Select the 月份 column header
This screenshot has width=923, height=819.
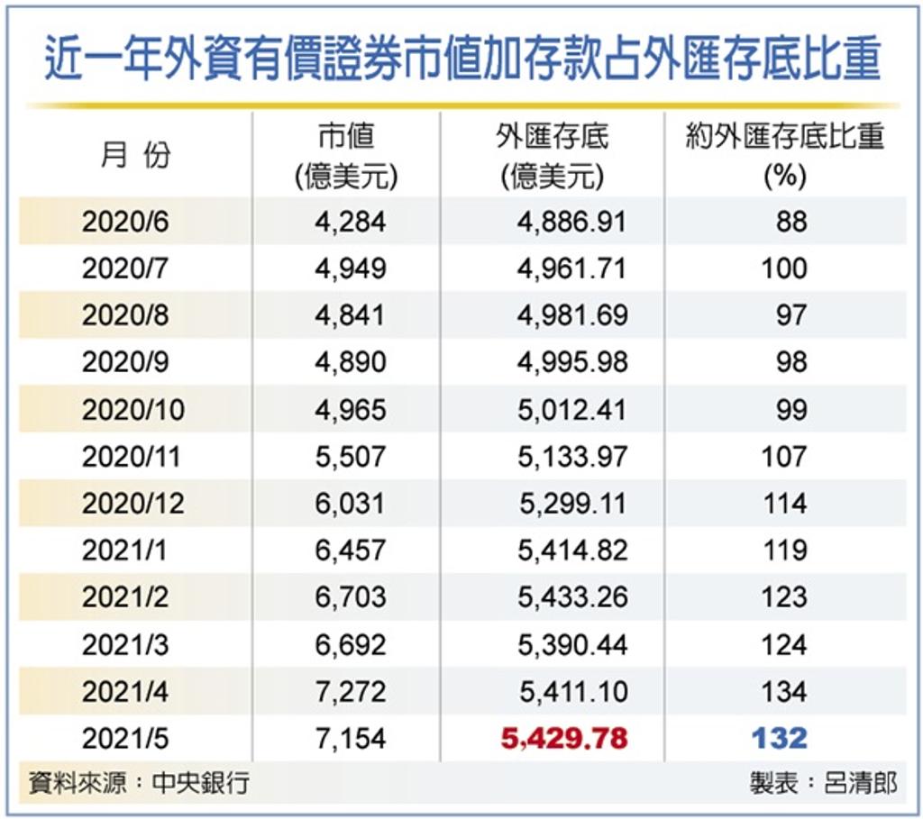click(x=135, y=155)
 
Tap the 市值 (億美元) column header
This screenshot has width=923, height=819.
click(x=346, y=156)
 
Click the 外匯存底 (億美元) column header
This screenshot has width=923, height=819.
click(x=552, y=156)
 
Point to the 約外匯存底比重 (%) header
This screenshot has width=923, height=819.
click(x=784, y=156)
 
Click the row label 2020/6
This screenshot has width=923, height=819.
click(x=125, y=222)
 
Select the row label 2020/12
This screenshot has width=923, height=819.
click(x=133, y=503)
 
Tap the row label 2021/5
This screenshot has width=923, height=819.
click(x=125, y=738)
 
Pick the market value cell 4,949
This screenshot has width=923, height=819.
click(x=351, y=268)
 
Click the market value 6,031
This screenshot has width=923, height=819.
click(x=351, y=503)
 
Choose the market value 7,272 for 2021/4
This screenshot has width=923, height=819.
click(x=351, y=691)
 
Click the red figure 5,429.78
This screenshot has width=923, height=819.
click(x=564, y=739)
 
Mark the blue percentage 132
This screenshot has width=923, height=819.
click(x=781, y=739)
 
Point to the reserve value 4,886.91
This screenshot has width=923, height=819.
click(x=571, y=222)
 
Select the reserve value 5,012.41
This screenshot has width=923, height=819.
click(x=571, y=409)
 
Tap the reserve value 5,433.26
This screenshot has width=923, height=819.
click(x=571, y=596)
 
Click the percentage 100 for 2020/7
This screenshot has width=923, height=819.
click(x=783, y=268)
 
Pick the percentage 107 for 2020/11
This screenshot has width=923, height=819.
click(x=783, y=456)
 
